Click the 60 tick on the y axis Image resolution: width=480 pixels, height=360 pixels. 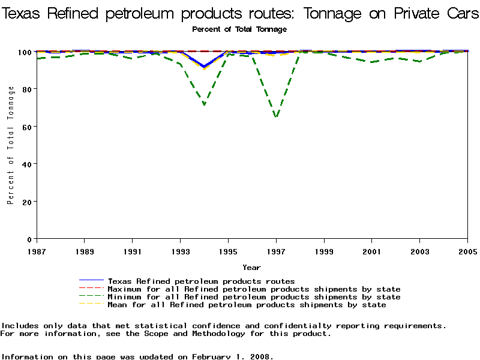(25, 127)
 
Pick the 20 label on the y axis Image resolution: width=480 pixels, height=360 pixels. (25, 202)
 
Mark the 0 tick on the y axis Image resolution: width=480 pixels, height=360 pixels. (28, 239)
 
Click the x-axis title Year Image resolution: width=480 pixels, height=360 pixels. (251, 267)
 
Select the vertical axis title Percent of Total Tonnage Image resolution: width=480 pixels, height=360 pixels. (11, 145)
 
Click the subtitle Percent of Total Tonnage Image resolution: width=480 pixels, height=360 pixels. (239, 29)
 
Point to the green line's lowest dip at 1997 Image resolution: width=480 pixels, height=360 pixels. (276, 117)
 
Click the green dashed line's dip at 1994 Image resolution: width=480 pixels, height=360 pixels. (205, 105)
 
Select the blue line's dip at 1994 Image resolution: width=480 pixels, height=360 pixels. (205, 67)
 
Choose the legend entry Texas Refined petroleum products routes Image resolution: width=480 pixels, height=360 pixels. (201, 281)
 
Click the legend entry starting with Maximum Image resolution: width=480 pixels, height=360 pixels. (254, 289)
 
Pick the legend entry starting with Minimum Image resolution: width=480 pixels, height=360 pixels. (254, 297)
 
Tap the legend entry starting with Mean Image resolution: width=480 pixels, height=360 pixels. (247, 305)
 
